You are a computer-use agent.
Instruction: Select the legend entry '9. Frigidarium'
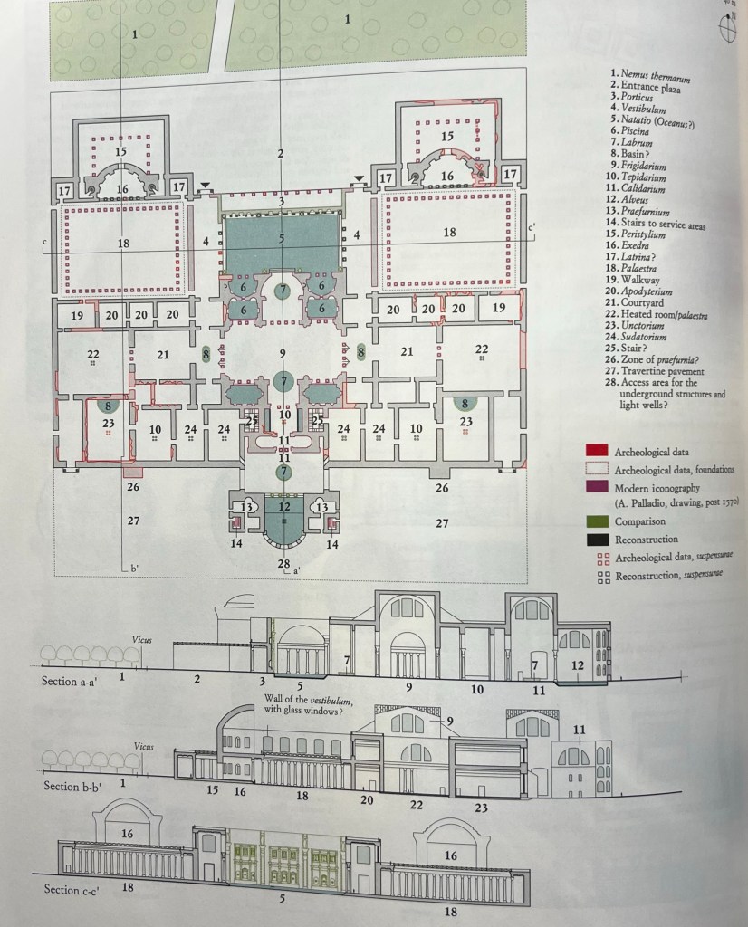click(x=638, y=166)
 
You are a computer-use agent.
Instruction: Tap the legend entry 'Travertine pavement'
click(x=662, y=371)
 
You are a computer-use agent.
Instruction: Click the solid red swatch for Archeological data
click(x=597, y=451)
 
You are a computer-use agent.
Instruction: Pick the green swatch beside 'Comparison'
click(x=597, y=521)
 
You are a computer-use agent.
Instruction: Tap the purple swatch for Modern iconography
click(x=597, y=486)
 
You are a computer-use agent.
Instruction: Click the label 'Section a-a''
click(x=70, y=681)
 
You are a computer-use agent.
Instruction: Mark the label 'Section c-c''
click(x=71, y=890)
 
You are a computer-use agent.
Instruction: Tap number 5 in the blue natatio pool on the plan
click(x=282, y=238)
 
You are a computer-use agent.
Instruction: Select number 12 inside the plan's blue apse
click(x=284, y=506)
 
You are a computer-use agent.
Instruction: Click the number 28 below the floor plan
click(x=283, y=563)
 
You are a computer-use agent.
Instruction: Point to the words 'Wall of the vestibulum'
click(x=308, y=700)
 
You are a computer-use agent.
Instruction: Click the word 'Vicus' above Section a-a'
click(x=142, y=640)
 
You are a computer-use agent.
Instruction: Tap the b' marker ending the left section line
click(x=134, y=569)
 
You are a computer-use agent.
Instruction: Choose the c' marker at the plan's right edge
click(x=532, y=226)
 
